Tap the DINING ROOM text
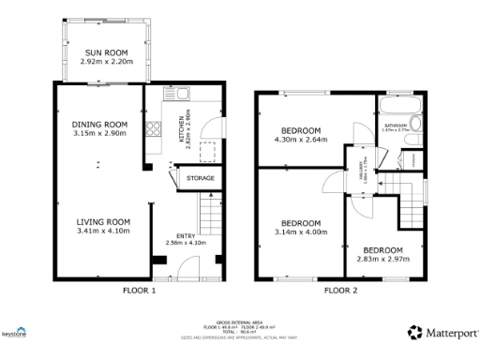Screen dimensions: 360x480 99,125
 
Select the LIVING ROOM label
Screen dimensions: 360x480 102,221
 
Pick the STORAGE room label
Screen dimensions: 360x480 200,178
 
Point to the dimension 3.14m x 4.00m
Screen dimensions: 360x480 302,232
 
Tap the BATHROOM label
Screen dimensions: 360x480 395,124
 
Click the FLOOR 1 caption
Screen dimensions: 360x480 139,292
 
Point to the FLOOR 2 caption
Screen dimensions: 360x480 341,292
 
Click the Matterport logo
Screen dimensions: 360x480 441,332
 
